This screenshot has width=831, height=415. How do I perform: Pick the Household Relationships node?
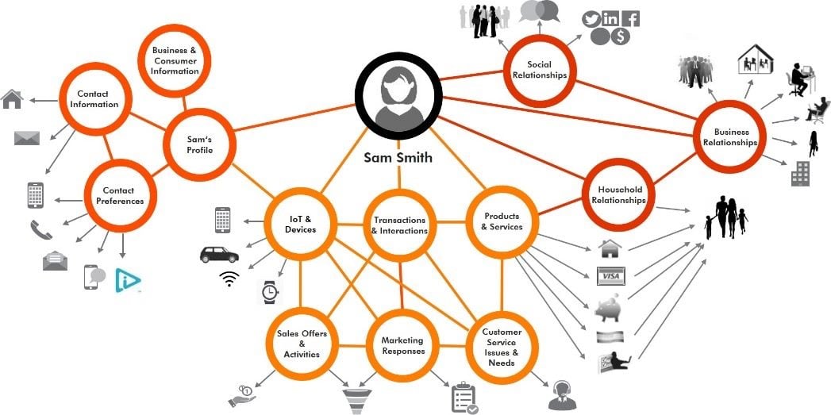click(617, 194)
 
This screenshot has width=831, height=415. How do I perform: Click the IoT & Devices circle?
click(299, 224)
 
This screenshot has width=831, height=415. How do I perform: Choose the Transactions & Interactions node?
click(399, 225)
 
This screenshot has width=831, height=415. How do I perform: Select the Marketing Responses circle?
click(402, 346)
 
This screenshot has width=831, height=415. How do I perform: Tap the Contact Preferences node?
click(118, 195)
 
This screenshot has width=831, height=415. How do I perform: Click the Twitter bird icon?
click(591, 19)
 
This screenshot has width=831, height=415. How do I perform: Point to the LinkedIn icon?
click(611, 19)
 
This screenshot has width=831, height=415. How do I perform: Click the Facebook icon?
click(631, 19)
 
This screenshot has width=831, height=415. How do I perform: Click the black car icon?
click(218, 255)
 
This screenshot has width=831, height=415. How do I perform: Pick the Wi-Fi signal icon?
click(229, 278)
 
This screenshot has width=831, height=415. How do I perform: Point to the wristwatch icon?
click(269, 292)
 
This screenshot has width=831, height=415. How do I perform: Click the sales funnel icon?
click(356, 398)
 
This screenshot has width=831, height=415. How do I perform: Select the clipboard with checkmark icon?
click(464, 398)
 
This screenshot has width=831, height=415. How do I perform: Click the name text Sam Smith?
click(398, 157)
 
